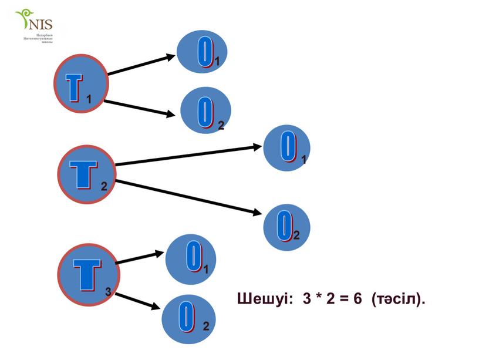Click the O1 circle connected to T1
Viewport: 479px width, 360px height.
(x=202, y=52)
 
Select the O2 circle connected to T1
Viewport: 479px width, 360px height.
(x=205, y=112)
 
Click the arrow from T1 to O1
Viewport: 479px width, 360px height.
(x=141, y=65)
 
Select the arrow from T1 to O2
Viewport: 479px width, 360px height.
(x=140, y=107)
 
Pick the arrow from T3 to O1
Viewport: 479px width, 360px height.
(x=141, y=257)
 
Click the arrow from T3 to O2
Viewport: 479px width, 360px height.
(x=137, y=301)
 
